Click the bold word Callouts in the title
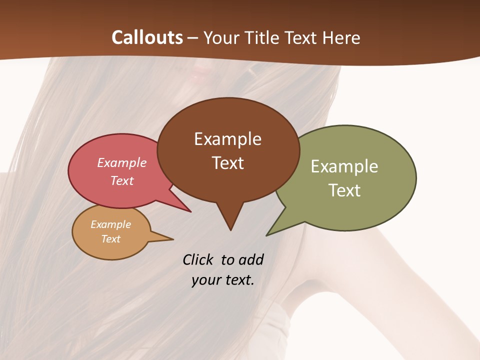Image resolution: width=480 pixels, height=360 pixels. point(147,37)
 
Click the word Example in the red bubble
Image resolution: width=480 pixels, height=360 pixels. point(122,162)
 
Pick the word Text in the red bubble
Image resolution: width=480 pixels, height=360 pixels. point(122,180)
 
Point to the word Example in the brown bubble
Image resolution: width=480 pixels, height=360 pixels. point(227,139)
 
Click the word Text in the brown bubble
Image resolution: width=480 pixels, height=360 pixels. point(228,162)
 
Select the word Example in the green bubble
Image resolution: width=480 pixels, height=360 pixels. point(344,166)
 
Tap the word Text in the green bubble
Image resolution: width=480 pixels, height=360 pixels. point(344,190)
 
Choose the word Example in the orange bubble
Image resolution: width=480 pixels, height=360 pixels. point(111,224)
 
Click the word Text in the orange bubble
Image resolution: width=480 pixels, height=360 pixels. point(111,239)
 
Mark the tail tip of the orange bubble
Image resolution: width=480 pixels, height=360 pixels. point(172,239)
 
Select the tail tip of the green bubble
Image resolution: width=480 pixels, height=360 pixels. point(267,235)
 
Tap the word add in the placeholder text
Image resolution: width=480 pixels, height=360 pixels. point(251,259)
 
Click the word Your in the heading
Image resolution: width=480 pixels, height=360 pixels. point(222,37)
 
